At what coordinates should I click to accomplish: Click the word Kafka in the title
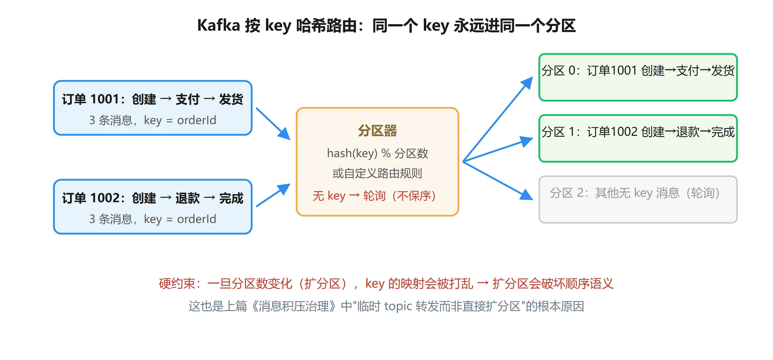click(x=218, y=25)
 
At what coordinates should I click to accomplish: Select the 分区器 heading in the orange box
click(x=377, y=131)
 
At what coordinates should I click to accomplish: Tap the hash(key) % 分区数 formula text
click(x=377, y=153)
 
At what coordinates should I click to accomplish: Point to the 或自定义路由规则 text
click(x=377, y=173)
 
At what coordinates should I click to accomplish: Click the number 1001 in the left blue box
click(x=105, y=99)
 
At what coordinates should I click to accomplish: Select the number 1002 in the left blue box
click(x=105, y=198)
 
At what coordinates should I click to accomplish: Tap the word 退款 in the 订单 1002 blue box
click(x=188, y=198)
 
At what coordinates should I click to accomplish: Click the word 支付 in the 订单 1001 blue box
click(x=188, y=99)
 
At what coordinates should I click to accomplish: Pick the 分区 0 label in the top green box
click(x=558, y=71)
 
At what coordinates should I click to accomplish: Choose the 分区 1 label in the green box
click(x=558, y=132)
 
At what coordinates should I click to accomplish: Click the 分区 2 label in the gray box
click(x=567, y=193)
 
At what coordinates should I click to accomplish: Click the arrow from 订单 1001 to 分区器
click(x=273, y=124)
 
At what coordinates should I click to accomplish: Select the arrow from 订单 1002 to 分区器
click(x=273, y=195)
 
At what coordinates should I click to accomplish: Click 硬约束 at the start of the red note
click(x=177, y=284)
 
